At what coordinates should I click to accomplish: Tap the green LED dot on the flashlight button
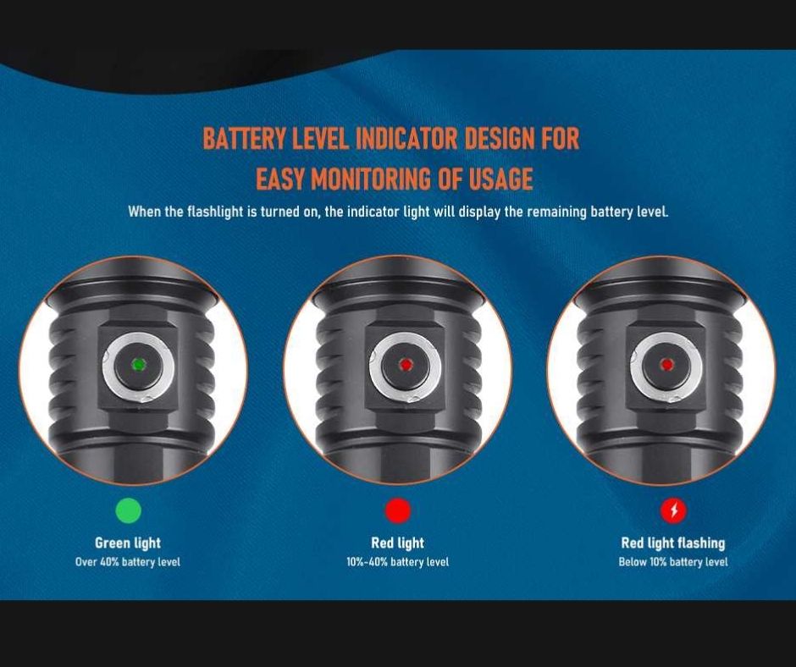pos(138,365)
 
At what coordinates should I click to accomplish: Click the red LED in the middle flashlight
pos(405,365)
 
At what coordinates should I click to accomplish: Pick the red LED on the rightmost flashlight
pos(666,365)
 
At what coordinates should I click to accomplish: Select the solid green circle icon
pos(129,510)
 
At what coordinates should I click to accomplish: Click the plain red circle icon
pos(397,510)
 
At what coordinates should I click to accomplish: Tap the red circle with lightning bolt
pos(674,510)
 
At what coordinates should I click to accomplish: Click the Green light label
pos(128,543)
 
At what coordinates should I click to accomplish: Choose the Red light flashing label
pos(673,543)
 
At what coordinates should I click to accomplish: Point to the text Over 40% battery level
pos(128,562)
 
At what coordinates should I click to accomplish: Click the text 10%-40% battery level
pos(397,562)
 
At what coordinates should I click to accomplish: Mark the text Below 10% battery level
pos(673,562)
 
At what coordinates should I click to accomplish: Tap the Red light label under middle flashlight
pos(397,543)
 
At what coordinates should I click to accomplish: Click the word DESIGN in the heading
pos(500,138)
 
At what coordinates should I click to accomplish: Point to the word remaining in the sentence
pos(556,211)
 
